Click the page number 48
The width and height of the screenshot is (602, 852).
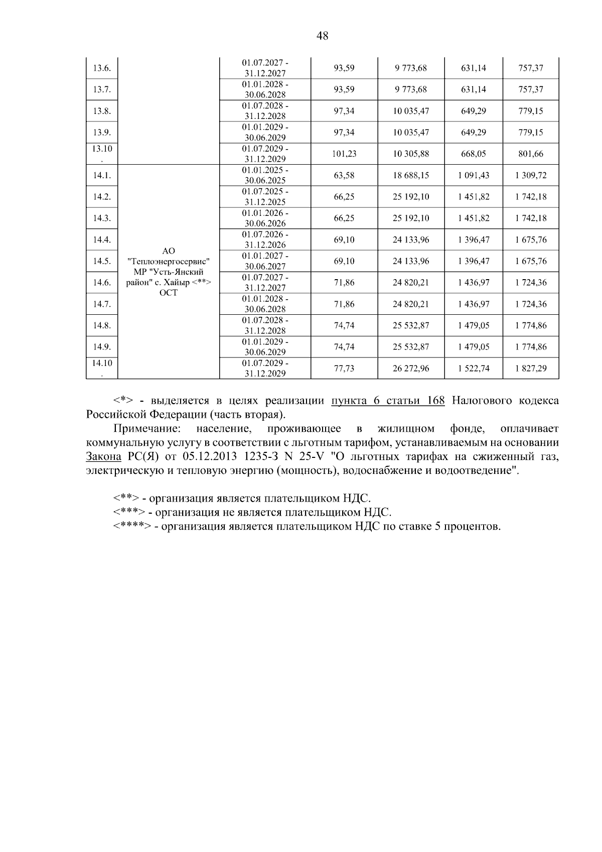click(323, 36)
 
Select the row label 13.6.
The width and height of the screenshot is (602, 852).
click(102, 68)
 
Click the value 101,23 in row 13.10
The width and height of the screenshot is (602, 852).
click(344, 154)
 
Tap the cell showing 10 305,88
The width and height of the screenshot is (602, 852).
click(411, 154)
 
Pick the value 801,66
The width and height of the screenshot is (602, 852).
click(531, 154)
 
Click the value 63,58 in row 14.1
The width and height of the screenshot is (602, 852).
click(344, 176)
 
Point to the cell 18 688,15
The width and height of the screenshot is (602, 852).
click(411, 176)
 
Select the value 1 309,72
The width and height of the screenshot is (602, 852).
click(531, 176)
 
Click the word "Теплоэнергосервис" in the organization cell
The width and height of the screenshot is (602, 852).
click(169, 262)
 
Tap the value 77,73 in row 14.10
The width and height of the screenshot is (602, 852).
click(344, 369)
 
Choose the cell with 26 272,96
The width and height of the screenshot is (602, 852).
click(411, 369)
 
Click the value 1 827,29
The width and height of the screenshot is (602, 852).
click(531, 369)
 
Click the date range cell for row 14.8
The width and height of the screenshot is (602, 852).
click(265, 325)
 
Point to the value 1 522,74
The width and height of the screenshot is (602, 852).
click(474, 369)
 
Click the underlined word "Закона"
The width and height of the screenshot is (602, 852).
click(103, 457)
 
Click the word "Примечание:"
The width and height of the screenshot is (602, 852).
click(146, 429)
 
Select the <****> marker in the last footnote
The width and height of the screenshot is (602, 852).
click(132, 527)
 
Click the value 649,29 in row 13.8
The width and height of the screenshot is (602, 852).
click(474, 111)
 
